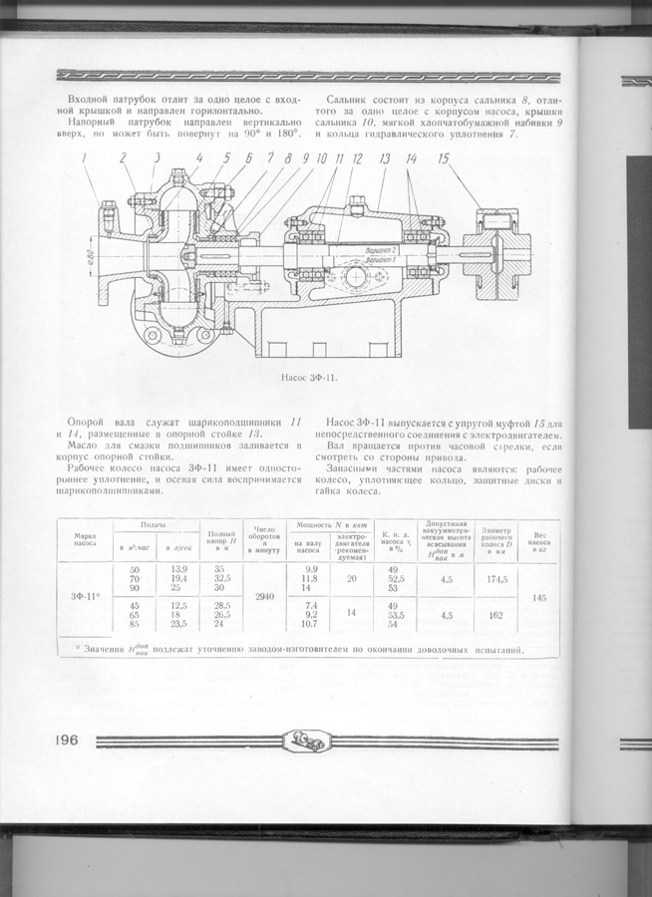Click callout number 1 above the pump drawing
click(86, 157)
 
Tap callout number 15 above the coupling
click(443, 157)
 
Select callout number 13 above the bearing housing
click(384, 157)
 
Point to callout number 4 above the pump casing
click(198, 157)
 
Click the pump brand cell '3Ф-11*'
click(84, 596)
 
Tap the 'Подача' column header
click(153, 524)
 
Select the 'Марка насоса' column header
click(84, 538)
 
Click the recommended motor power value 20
click(352, 578)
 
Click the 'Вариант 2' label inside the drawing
click(380, 249)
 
